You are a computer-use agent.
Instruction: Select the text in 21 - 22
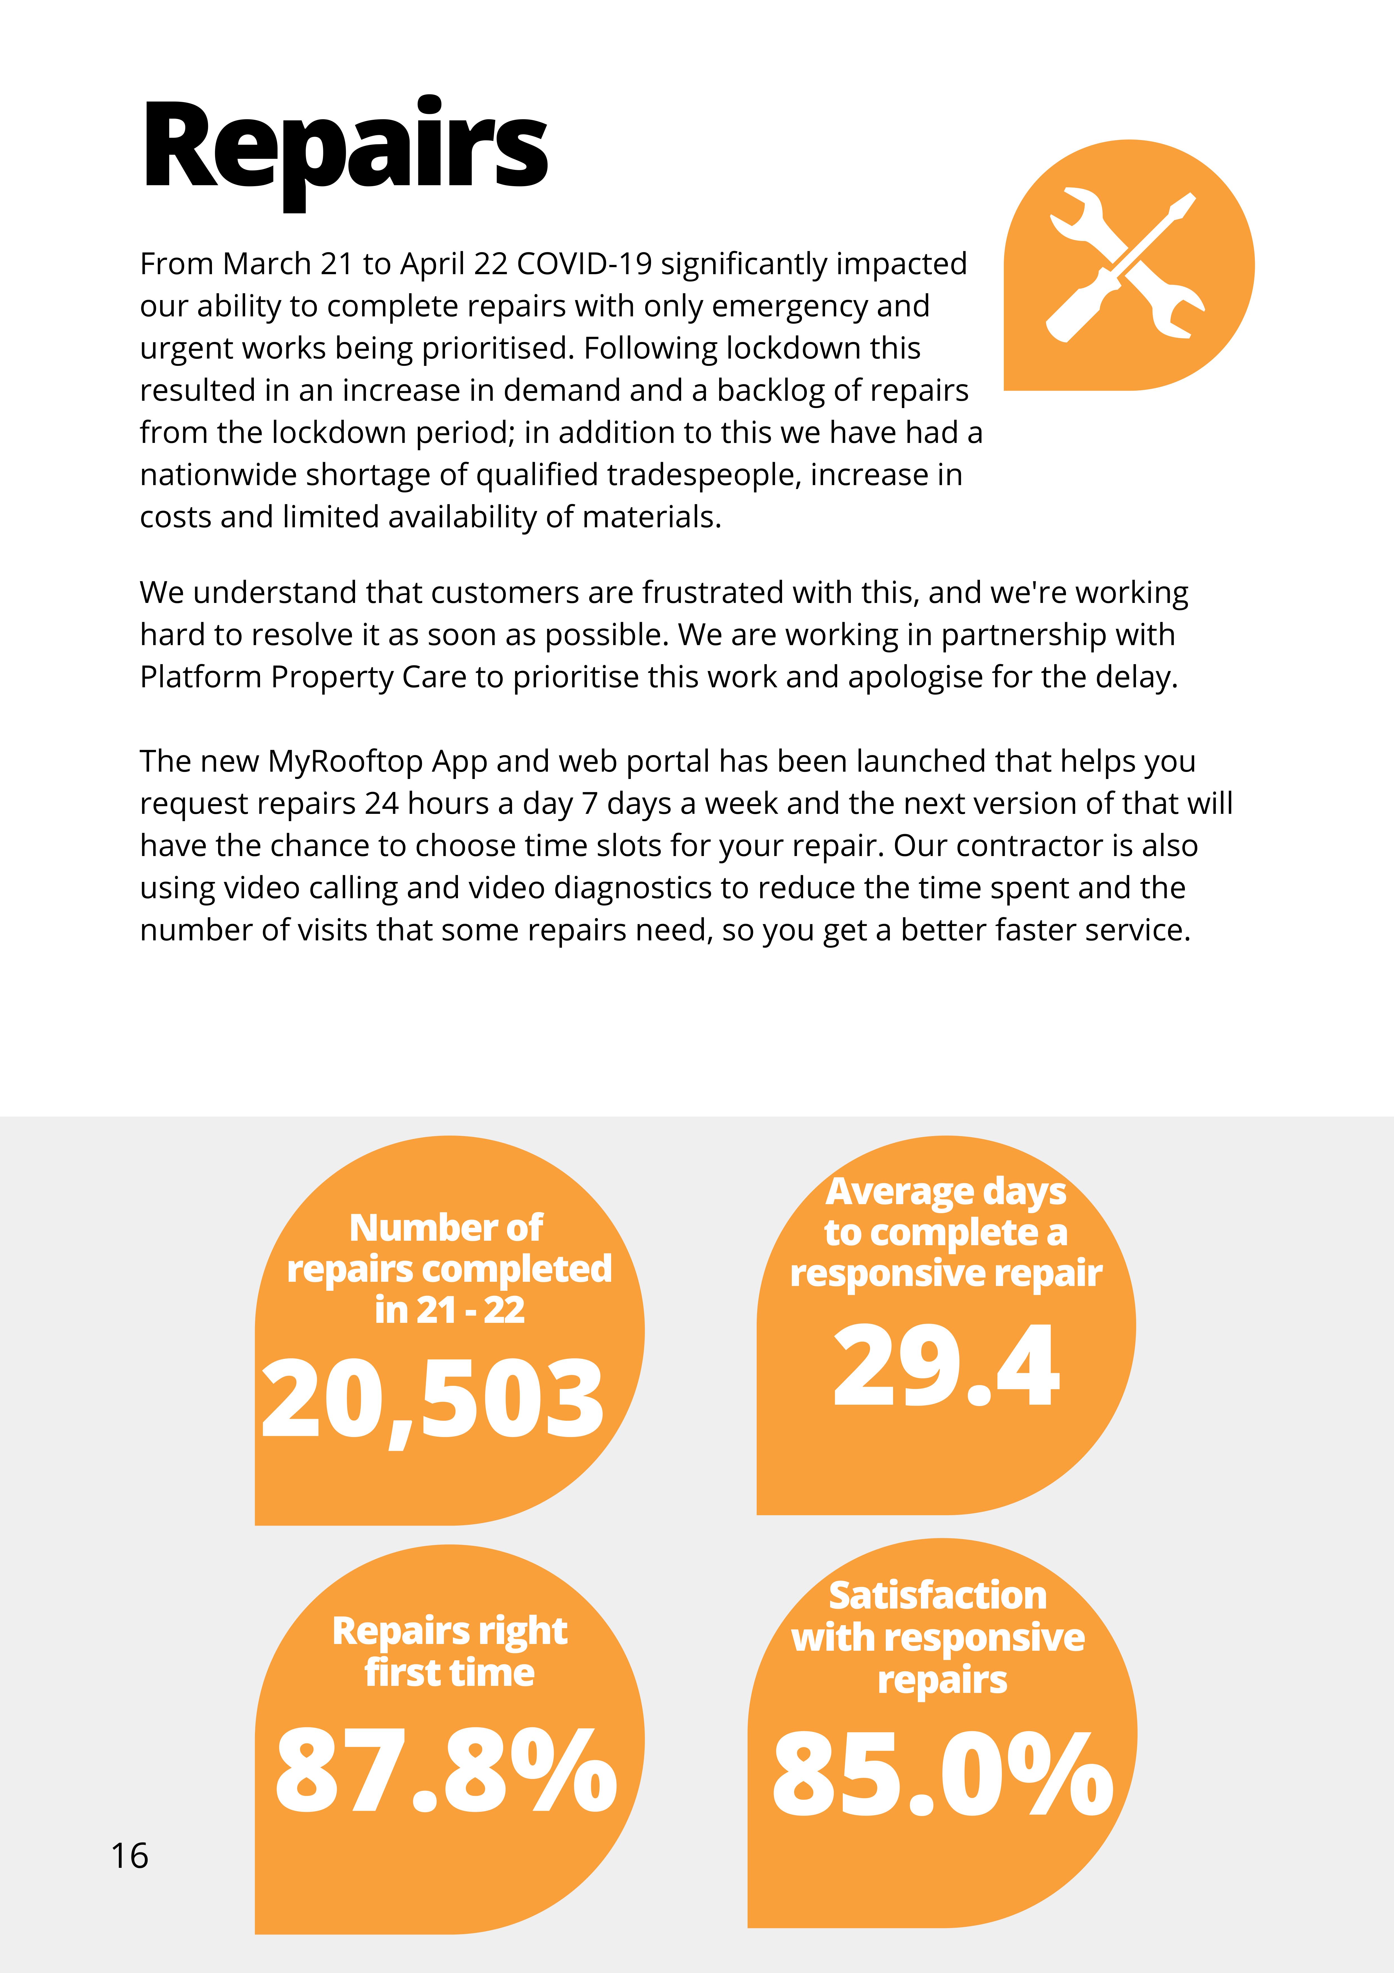pyautogui.click(x=449, y=1310)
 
